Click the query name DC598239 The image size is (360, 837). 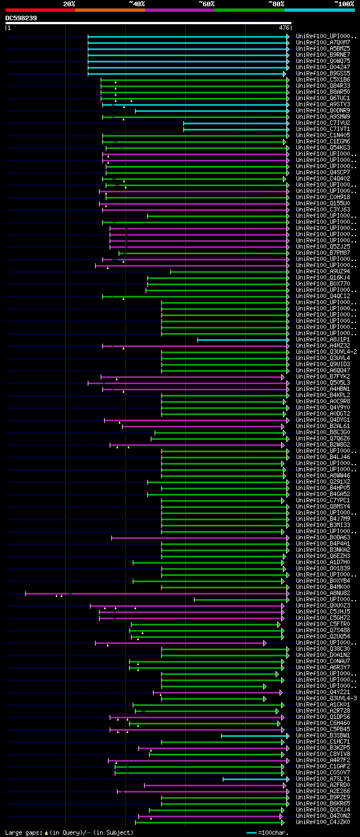(x=21, y=18)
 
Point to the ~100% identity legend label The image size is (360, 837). (x=344, y=3)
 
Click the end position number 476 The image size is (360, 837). (x=284, y=27)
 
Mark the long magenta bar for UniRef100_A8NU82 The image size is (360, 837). (x=157, y=593)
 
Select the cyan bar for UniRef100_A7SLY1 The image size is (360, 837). (x=255, y=778)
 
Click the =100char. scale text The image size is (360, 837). (x=273, y=832)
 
